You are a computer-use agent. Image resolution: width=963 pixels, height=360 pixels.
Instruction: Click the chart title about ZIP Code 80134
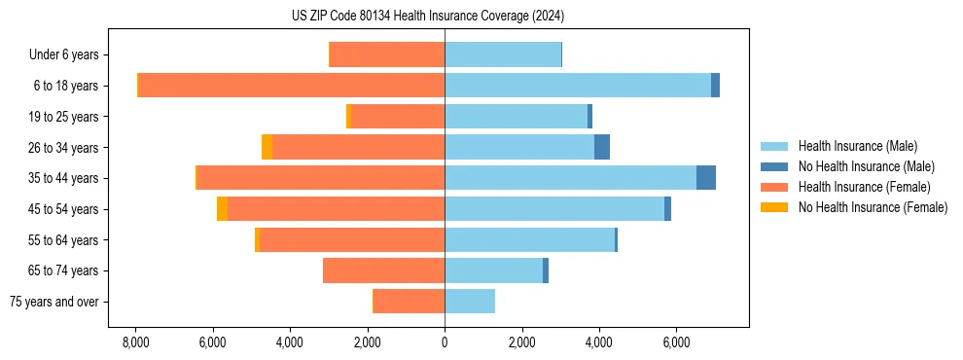[427, 16]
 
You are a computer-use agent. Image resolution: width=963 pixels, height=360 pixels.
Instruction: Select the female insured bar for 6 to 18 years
[292, 86]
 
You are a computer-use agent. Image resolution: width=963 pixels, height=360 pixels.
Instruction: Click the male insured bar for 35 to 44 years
[570, 178]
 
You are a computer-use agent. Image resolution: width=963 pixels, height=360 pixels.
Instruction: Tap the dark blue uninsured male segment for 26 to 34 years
[602, 147]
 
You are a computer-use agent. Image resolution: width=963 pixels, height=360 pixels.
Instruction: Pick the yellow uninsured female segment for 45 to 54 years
[222, 209]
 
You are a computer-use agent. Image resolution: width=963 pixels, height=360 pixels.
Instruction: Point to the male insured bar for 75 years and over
[470, 302]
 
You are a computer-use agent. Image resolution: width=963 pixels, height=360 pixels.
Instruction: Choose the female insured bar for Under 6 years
[387, 54]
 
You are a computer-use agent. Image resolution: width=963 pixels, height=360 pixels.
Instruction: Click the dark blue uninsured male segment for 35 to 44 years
[706, 178]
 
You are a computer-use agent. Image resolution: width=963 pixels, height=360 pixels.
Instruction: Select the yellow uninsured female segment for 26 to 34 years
[267, 147]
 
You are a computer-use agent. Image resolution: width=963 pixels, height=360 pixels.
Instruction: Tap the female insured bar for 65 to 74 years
[384, 270]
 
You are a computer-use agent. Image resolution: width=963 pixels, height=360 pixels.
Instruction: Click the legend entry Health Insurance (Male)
[857, 146]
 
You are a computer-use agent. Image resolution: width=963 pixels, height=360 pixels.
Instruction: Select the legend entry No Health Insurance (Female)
[873, 207]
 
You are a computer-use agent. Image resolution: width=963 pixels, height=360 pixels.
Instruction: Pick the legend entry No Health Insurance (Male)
[866, 166]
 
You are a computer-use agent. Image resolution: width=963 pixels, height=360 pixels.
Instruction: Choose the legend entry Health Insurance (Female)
[865, 187]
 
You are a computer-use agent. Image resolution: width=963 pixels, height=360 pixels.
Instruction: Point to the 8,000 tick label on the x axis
[136, 342]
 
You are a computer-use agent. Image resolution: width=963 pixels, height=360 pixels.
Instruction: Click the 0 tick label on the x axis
[445, 342]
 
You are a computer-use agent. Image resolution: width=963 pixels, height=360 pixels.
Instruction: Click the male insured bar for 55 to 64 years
[529, 240]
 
